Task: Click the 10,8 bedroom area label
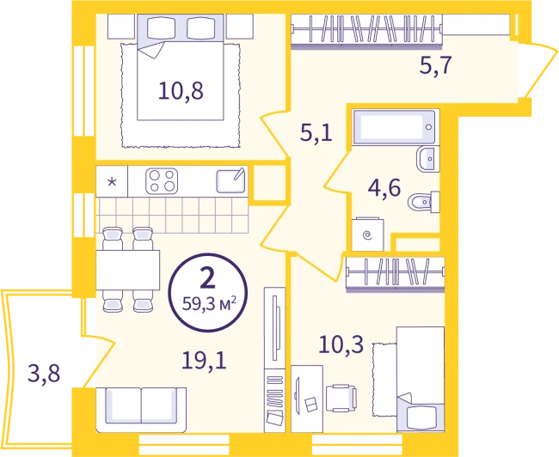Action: (x=181, y=90)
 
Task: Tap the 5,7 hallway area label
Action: (x=436, y=65)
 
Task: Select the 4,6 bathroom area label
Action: (x=384, y=188)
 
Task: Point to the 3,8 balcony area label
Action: (x=44, y=374)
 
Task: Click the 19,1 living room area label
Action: (x=204, y=360)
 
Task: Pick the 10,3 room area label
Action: (x=341, y=344)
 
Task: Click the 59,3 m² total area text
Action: (x=209, y=304)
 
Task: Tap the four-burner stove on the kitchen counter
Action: (x=162, y=181)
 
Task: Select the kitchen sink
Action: (x=230, y=180)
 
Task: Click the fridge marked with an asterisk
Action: (x=112, y=181)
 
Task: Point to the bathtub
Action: (x=394, y=127)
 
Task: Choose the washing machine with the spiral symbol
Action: (x=368, y=235)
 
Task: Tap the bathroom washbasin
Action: (x=427, y=159)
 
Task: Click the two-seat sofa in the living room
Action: (x=141, y=410)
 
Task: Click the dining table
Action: (x=127, y=270)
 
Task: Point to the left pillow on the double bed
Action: (x=161, y=27)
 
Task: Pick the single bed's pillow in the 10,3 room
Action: (x=421, y=418)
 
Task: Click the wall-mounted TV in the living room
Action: (x=274, y=327)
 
